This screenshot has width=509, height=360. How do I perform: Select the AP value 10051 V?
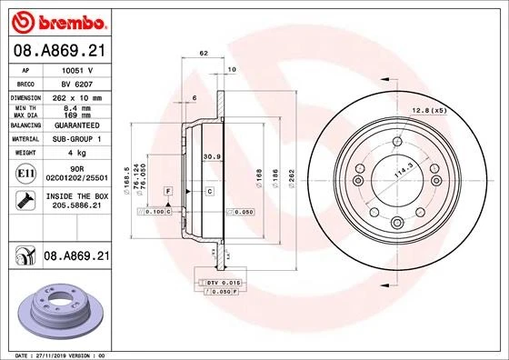(76, 69)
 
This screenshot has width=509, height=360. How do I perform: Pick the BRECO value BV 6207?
(77, 82)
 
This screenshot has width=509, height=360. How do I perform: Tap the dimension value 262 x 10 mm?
(77, 96)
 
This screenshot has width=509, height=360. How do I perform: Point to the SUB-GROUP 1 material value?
(77, 139)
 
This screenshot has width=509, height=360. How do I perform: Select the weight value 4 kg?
(77, 154)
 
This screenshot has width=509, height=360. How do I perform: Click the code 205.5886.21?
(78, 207)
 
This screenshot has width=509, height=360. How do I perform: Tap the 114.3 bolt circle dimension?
(403, 168)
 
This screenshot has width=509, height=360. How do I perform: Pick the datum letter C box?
(208, 191)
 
